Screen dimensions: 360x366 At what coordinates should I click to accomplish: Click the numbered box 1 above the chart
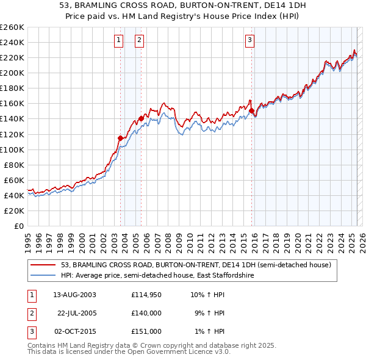pyautogui.click(x=118, y=41)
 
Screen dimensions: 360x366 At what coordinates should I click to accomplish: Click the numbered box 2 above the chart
pyautogui.click(x=140, y=41)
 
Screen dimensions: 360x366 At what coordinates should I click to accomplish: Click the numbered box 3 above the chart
pyautogui.click(x=249, y=41)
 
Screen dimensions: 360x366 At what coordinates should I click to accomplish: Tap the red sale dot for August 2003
pyautogui.click(x=120, y=138)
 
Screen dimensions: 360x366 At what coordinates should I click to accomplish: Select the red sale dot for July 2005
pyautogui.click(x=141, y=118)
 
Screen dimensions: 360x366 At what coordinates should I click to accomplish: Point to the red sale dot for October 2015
pyautogui.click(x=251, y=110)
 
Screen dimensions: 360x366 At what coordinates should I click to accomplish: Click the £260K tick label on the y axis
pyautogui.click(x=12, y=27)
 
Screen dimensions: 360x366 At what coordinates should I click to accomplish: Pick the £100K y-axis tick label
pyautogui.click(x=12, y=149)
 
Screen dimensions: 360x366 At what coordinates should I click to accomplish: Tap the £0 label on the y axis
pyautogui.click(x=18, y=226)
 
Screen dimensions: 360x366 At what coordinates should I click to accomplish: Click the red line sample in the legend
pyautogui.click(x=43, y=265)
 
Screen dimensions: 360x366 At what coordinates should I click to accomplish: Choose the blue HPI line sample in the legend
pyautogui.click(x=43, y=275)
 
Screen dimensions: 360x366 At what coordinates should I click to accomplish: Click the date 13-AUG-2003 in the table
pyautogui.click(x=74, y=295)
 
